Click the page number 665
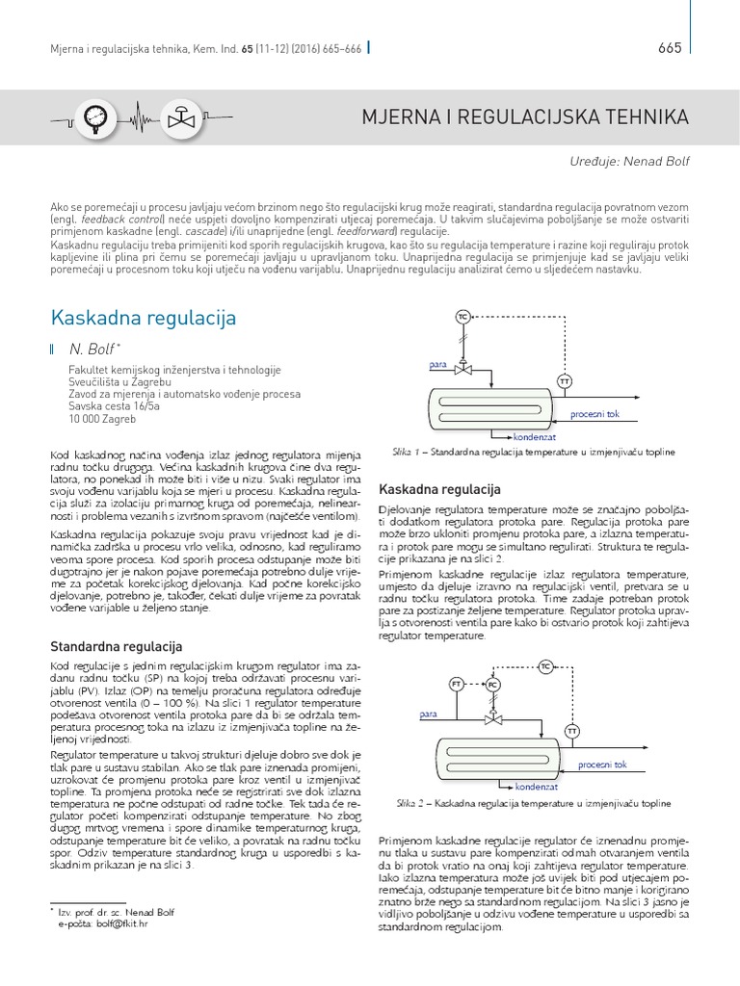(x=670, y=48)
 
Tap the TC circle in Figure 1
(x=462, y=317)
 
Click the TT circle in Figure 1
(x=564, y=382)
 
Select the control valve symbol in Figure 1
(x=462, y=369)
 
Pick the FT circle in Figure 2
(x=457, y=684)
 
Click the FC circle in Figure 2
(x=492, y=684)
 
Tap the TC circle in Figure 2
(x=546, y=666)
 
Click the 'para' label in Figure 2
(x=430, y=714)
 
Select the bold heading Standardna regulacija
(x=115, y=645)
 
